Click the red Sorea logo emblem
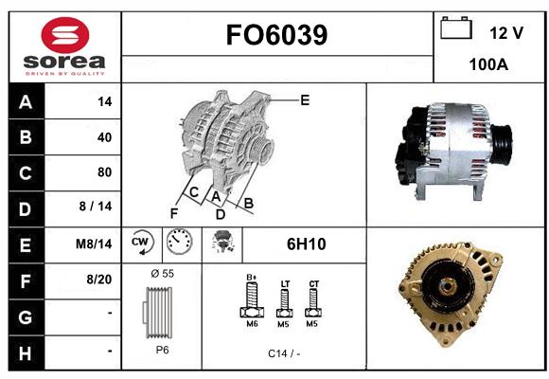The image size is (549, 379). pos(65,35)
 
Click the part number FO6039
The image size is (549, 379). pos(276,35)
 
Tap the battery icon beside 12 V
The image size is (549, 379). pos(456,27)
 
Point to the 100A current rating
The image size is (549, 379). pos(488,64)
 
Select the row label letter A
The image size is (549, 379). pos(26,102)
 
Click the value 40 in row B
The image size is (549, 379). pos(105,137)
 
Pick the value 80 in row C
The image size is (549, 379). pos(105,172)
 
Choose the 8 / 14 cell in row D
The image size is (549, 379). pos(96,207)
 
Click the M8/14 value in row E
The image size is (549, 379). pos(94,244)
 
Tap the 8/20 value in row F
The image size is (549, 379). pos(99,280)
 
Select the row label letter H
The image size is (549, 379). pos(26,353)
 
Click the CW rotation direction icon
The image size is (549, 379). pos(142,243)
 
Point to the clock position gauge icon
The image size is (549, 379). pos(179,242)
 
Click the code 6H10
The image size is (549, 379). pos(307,244)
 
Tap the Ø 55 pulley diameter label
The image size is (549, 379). pos(163,274)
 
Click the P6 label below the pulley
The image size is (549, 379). pos(163,350)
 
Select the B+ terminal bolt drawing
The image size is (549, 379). pos(252,299)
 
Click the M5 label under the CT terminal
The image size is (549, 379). pos(311,324)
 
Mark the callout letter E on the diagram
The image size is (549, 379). pos(305,100)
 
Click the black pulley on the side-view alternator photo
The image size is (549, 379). pos(501,144)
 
